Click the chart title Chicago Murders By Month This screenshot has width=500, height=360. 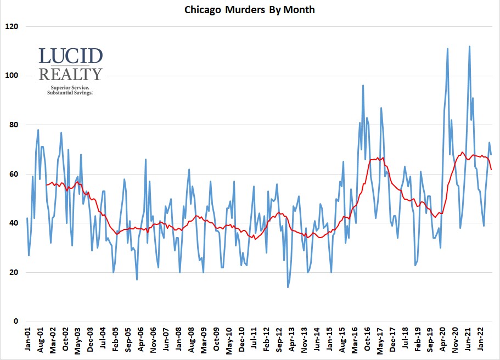[250, 10]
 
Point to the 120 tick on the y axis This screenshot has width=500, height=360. [12, 26]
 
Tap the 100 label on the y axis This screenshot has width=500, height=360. [12, 76]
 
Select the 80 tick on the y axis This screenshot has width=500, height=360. [14, 125]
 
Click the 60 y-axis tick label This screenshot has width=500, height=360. [14, 175]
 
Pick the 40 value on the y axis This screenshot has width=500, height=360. [14, 223]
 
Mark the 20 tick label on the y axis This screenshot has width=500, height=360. [14, 273]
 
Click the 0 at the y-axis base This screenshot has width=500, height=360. [16, 322]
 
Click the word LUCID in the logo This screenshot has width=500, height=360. [71, 57]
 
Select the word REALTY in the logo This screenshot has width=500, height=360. [71, 74]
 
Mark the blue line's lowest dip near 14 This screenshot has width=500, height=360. [288, 287]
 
